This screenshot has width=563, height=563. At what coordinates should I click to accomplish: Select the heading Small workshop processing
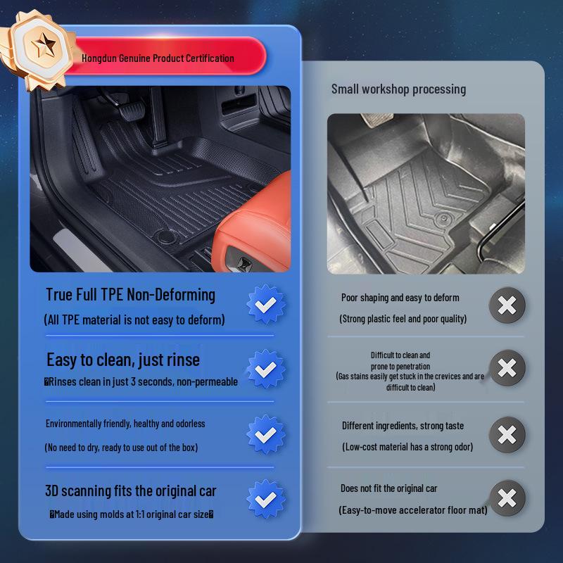coord(398,89)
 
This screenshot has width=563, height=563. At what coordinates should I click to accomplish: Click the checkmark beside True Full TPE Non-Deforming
coord(266,304)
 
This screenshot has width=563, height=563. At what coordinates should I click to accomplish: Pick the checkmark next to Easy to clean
coord(266,369)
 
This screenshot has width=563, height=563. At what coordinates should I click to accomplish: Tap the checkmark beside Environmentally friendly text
coord(266,434)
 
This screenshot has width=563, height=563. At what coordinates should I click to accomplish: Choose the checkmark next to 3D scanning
coord(266,499)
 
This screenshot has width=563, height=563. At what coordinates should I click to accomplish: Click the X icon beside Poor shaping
coord(507,305)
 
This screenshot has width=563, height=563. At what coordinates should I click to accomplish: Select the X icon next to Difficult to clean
coord(507,367)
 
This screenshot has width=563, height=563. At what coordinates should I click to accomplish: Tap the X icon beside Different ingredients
coord(507,434)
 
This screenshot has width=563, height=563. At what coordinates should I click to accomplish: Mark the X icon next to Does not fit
coord(507,498)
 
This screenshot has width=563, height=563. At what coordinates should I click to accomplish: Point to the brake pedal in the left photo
coord(132,110)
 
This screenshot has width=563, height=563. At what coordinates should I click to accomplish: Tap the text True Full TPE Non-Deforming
coord(130,295)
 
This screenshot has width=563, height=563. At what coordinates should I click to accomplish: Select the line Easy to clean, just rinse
coord(123,360)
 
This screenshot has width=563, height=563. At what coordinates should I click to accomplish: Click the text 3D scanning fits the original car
coord(131,491)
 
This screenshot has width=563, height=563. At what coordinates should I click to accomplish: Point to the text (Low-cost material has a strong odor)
coord(407,447)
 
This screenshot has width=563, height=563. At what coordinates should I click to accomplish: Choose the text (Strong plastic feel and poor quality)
coord(403,319)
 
